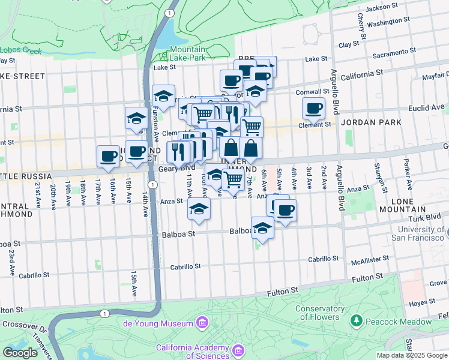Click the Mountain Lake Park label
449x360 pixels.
[187, 53]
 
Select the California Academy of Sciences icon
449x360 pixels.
[238, 350]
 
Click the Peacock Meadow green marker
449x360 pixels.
[356, 322]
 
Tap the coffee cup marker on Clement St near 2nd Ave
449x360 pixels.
[313, 109]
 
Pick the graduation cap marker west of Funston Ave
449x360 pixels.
[136, 118]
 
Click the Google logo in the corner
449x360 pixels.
[20, 352]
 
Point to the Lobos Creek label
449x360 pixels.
[20, 51]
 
